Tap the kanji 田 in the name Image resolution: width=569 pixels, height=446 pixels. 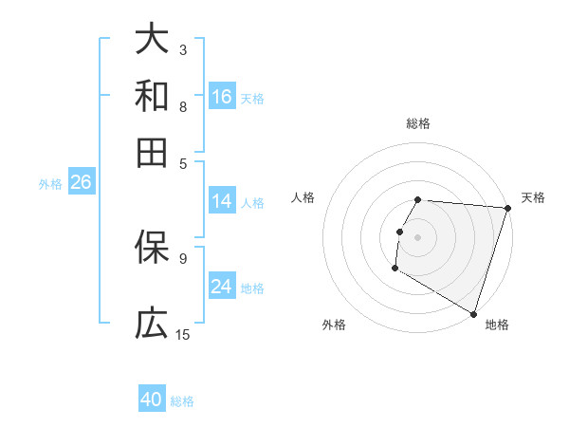click(152, 152)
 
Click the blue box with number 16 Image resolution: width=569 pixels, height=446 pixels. click(222, 97)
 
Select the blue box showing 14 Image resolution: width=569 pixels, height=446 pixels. click(222, 201)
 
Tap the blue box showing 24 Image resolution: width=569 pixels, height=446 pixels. click(222, 287)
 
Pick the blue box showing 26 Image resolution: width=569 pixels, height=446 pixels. click(81, 183)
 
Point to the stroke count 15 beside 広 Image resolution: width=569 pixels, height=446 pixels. click(183, 334)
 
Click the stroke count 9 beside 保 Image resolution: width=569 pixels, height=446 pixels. click(183, 257)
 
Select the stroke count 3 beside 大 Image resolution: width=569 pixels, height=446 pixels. click(183, 48)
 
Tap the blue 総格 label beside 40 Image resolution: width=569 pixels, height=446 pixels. click(182, 401)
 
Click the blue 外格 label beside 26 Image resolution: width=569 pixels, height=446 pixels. click(49, 185)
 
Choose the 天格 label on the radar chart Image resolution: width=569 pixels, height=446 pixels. click(533, 197)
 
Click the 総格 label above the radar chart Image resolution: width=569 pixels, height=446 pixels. click(417, 123)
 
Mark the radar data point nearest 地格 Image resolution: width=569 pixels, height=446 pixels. click(472, 312)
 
